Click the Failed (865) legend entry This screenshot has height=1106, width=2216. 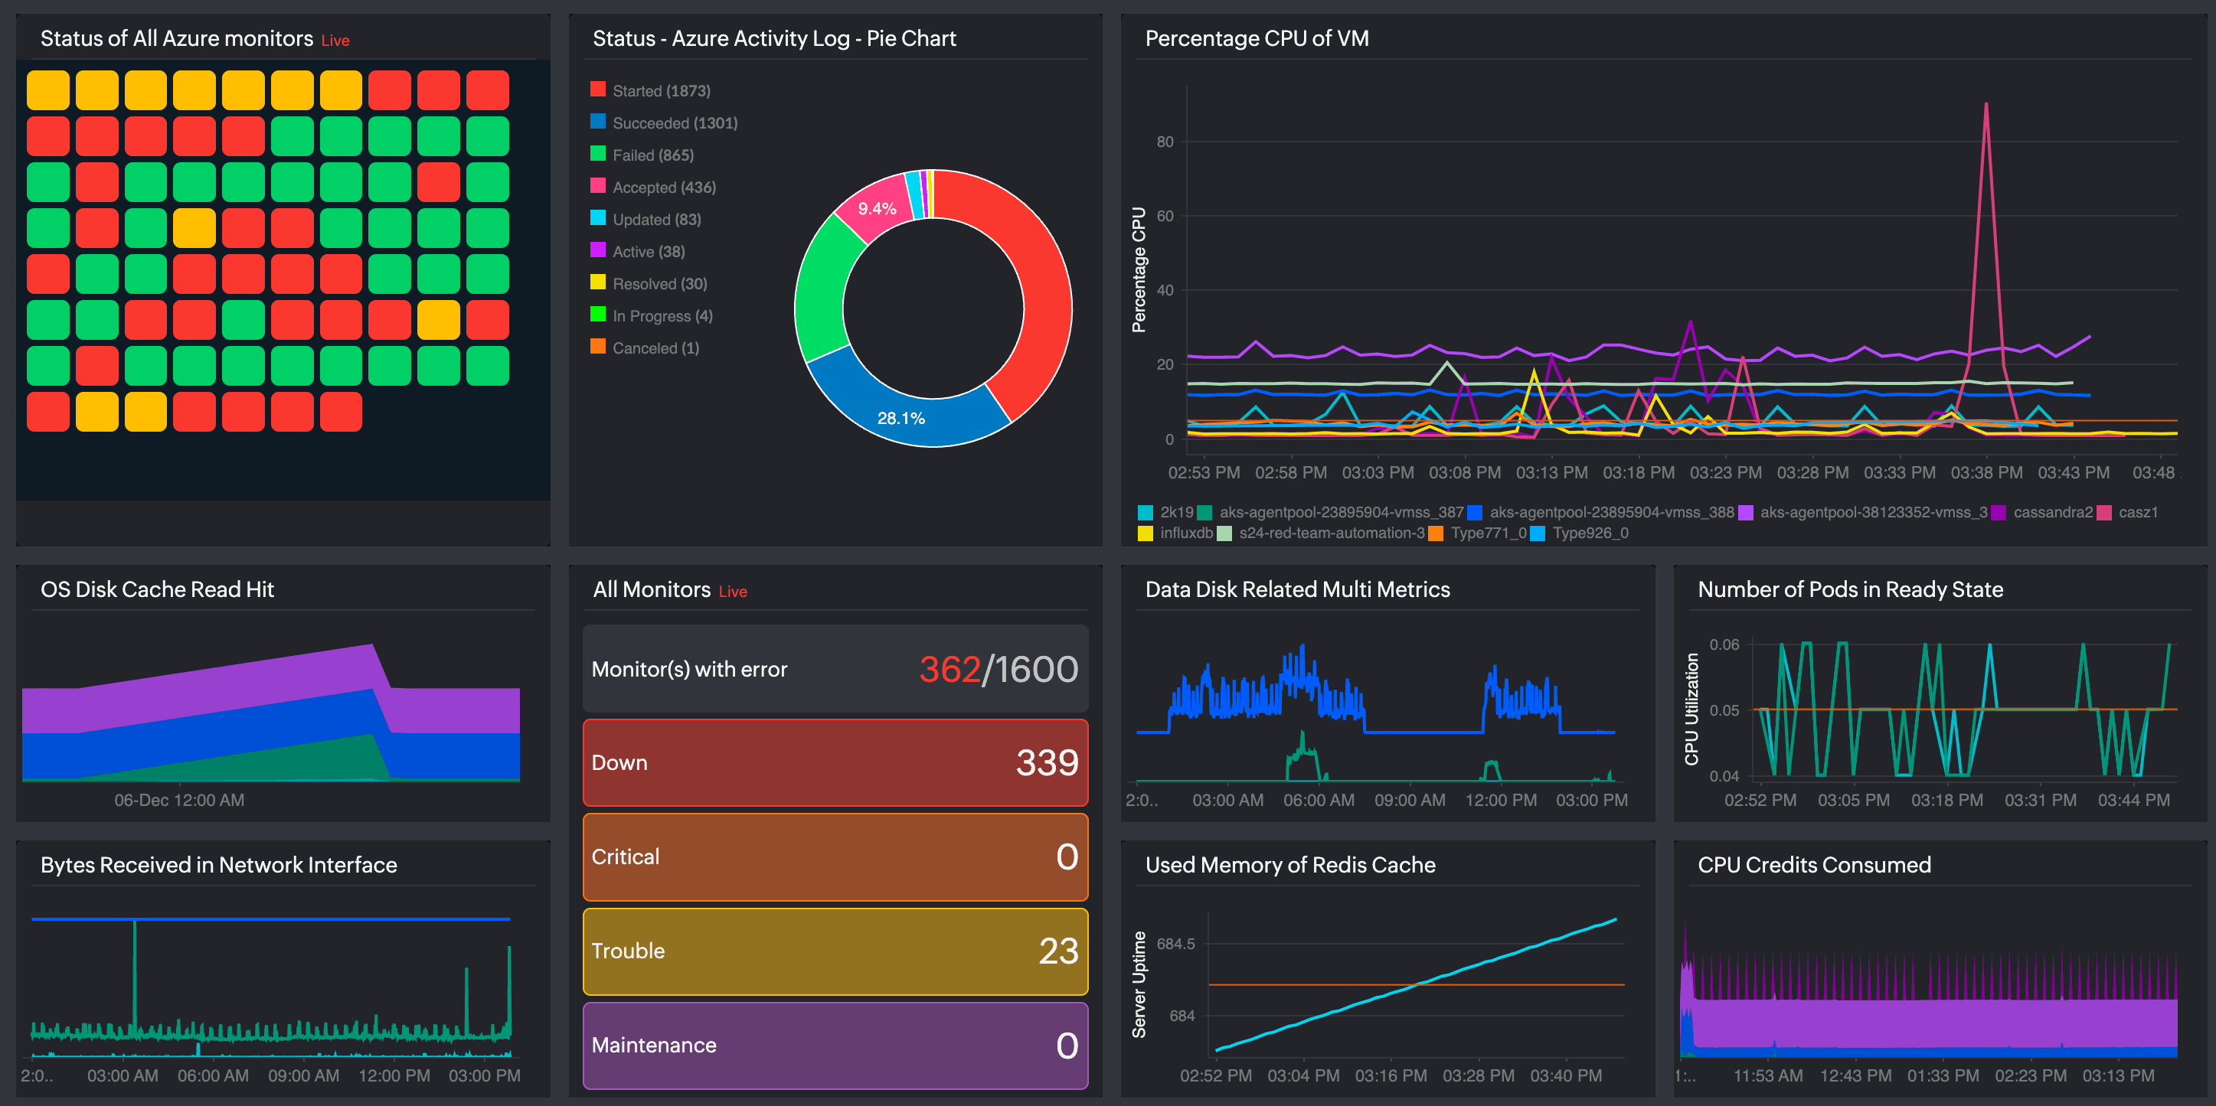652,155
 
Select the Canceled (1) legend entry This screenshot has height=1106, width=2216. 655,347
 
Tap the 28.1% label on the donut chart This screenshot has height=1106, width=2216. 900,418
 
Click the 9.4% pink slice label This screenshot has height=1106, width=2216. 877,208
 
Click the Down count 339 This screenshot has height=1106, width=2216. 1046,763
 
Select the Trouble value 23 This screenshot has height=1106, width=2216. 1057,951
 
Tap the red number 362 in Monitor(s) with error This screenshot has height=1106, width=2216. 949,669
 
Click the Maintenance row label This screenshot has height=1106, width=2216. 654,1045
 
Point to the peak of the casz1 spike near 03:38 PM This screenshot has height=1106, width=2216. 1986,105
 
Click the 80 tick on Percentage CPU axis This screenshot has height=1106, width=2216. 1164,142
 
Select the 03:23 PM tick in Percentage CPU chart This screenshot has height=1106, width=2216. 1725,472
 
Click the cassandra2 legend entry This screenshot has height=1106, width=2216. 2051,512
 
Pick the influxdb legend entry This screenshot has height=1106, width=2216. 1185,533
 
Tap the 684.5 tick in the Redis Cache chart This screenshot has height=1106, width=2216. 1175,944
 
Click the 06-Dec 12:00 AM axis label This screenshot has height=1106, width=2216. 179,800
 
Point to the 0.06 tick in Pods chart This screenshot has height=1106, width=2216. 1723,644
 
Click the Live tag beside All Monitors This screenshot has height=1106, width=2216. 732,591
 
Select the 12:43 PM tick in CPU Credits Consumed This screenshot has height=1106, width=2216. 1855,1075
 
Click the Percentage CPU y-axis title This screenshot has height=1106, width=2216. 1139,269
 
